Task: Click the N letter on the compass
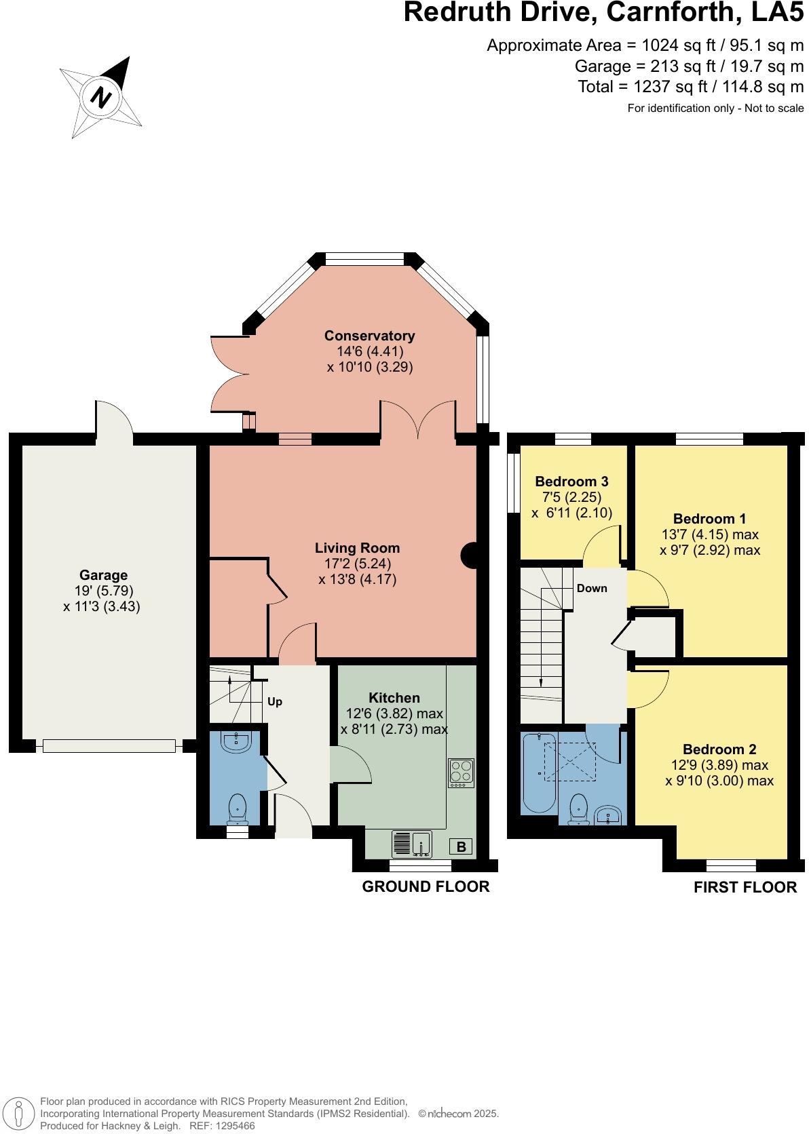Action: [100, 98]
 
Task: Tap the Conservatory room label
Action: [369, 336]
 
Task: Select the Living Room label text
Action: [357, 548]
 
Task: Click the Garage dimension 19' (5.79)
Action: [104, 591]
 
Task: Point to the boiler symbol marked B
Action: [462, 846]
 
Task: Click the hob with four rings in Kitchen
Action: [462, 772]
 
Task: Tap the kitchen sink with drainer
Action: [412, 844]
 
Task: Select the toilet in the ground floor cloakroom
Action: [238, 808]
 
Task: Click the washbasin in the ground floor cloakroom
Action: [236, 741]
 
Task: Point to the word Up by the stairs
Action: [275, 701]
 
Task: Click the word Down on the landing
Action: [592, 588]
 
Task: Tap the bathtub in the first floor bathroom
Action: [540, 773]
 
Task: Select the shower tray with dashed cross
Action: [571, 762]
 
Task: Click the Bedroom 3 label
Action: [571, 482]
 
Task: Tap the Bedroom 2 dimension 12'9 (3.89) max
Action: [719, 765]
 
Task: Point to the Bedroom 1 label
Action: [709, 519]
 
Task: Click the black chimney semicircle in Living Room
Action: [470, 555]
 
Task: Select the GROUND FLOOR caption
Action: [426, 886]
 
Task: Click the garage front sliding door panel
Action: [109, 746]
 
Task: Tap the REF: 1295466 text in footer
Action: [222, 1126]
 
